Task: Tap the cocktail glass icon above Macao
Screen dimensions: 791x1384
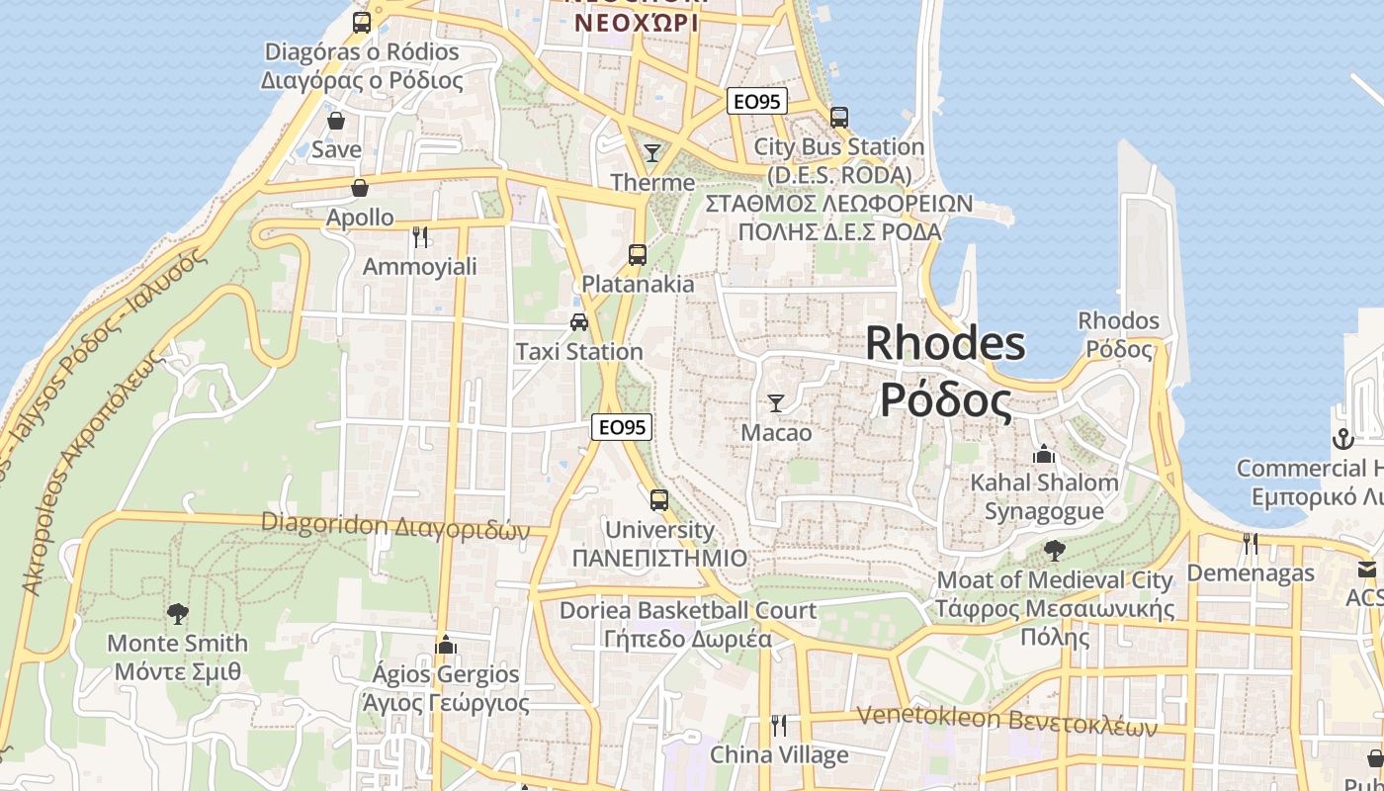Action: pyautogui.click(x=776, y=402)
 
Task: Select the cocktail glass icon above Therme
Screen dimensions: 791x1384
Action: pyautogui.click(x=652, y=152)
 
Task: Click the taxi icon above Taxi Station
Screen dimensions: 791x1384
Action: pyautogui.click(x=579, y=321)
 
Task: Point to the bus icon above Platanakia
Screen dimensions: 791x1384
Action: pyautogui.click(x=638, y=254)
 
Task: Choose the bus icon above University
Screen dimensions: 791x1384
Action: pyautogui.click(x=659, y=500)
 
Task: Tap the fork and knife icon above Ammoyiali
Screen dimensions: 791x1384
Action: pyautogui.click(x=420, y=236)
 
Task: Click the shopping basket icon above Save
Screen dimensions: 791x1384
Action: pyautogui.click(x=336, y=121)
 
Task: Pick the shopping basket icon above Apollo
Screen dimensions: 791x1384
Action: pyautogui.click(x=360, y=188)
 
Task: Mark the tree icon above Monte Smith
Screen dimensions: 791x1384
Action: pyautogui.click(x=178, y=614)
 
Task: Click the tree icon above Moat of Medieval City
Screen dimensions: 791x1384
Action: pyautogui.click(x=1055, y=550)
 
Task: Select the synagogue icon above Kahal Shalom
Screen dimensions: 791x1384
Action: pyautogui.click(x=1044, y=454)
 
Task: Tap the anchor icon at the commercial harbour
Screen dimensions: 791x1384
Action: pyautogui.click(x=1342, y=438)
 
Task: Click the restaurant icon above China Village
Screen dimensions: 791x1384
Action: pyautogui.click(x=779, y=726)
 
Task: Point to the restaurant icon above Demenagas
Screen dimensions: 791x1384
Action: pyautogui.click(x=1251, y=544)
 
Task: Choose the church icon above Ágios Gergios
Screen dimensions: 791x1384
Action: pyautogui.click(x=446, y=645)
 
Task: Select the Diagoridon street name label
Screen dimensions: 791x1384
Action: pyautogui.click(x=395, y=526)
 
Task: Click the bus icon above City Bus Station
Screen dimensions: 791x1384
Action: pyautogui.click(x=839, y=117)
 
